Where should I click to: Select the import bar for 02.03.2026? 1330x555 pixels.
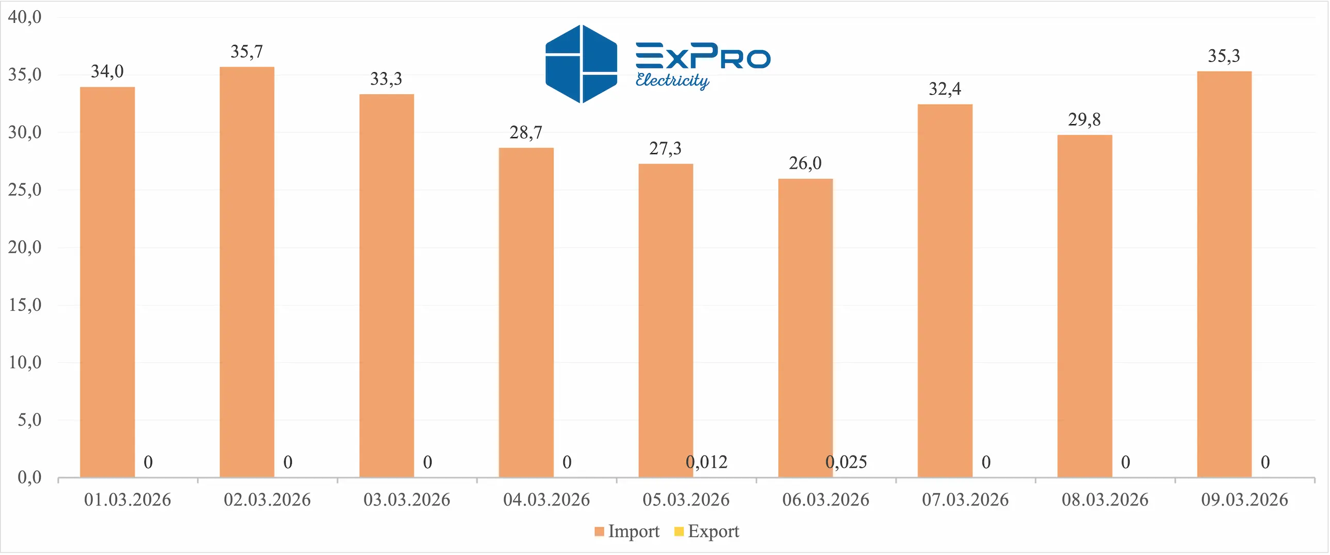(x=247, y=272)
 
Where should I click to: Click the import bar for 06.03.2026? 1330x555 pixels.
(x=805, y=328)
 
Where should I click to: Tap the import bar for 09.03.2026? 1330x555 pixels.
(x=1224, y=274)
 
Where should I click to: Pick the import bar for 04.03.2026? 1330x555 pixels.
(x=526, y=312)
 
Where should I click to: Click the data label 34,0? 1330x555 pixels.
(x=107, y=71)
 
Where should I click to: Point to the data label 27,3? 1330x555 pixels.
(x=665, y=149)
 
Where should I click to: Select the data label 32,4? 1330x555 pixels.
(x=945, y=89)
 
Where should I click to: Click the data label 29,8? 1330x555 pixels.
(x=1084, y=120)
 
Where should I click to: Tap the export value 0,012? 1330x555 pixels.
(x=706, y=462)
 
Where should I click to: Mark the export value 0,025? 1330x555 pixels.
(x=846, y=462)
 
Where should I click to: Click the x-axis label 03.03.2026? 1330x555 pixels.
(x=406, y=500)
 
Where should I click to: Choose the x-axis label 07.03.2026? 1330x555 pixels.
(x=965, y=500)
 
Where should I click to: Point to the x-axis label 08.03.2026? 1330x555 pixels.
(x=1105, y=500)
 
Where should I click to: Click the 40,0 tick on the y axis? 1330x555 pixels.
(x=24, y=17)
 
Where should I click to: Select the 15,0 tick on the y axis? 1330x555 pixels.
(x=24, y=305)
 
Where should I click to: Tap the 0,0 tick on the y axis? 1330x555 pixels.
(x=29, y=477)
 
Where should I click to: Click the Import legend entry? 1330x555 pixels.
(x=633, y=531)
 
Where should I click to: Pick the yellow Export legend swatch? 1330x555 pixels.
(x=679, y=531)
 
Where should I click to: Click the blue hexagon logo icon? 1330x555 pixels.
(x=581, y=64)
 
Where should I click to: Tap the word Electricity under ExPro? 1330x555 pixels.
(x=672, y=80)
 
